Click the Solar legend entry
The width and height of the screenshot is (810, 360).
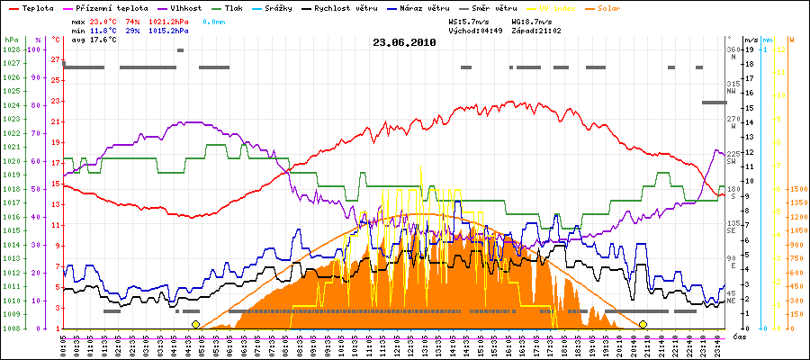[622, 7]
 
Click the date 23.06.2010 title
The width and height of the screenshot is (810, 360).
[404, 41]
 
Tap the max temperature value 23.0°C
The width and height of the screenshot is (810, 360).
[103, 20]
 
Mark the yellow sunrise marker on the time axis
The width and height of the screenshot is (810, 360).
[195, 324]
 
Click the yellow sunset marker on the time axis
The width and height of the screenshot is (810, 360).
[643, 324]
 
